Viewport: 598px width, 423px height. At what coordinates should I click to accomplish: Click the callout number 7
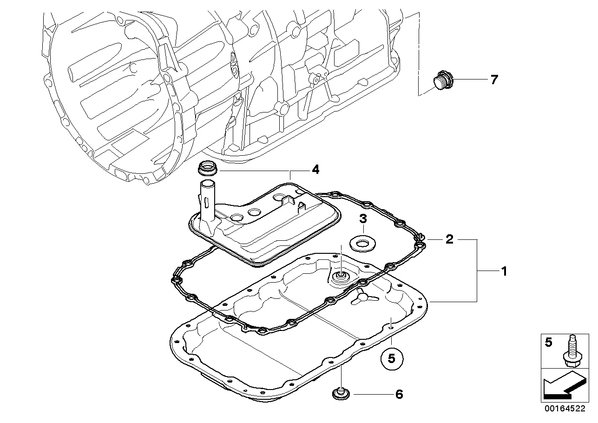pos(494,80)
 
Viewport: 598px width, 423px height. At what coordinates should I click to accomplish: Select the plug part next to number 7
pos(442,80)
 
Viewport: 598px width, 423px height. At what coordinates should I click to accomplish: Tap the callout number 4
pos(315,169)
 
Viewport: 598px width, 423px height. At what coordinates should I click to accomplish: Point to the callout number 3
pos(363,219)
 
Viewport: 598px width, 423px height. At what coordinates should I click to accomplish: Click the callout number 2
pos(450,239)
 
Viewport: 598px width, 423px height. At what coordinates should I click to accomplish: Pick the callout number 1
pos(504,271)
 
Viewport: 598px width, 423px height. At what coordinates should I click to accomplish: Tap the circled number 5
pos(391,359)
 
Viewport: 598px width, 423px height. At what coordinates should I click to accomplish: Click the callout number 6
pos(399,394)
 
